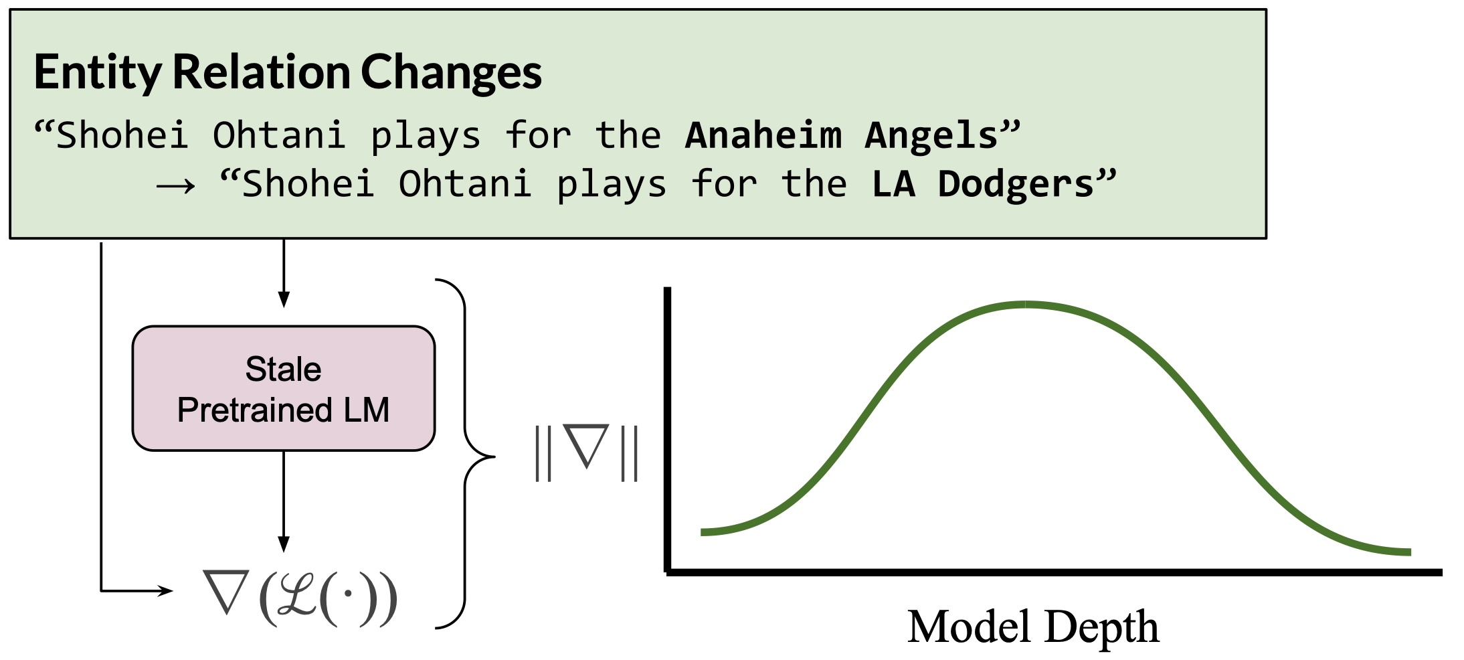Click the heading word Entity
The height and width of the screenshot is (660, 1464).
coord(98,72)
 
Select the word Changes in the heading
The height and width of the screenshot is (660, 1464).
coord(452,72)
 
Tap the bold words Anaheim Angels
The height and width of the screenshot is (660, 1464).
coord(842,135)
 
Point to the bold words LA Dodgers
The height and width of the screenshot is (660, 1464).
coord(983,184)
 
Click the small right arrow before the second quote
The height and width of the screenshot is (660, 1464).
coord(176,186)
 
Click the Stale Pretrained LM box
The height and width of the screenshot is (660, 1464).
coord(284,388)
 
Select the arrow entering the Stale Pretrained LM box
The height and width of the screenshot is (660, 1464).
coord(284,273)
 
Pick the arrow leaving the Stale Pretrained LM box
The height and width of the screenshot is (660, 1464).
coord(284,501)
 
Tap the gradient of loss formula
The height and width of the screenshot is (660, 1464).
coord(301,598)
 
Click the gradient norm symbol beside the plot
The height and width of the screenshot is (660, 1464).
coord(587,453)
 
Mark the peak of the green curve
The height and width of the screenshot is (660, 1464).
coord(1025,305)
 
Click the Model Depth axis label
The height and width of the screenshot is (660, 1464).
coord(1033,627)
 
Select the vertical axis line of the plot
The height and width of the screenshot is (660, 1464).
coord(667,430)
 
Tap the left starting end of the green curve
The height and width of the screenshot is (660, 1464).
coord(702,532)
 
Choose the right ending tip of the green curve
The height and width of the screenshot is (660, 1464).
coord(1410,552)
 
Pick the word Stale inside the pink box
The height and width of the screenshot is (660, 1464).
coord(284,369)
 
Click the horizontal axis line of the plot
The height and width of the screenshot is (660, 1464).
coord(1054,572)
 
